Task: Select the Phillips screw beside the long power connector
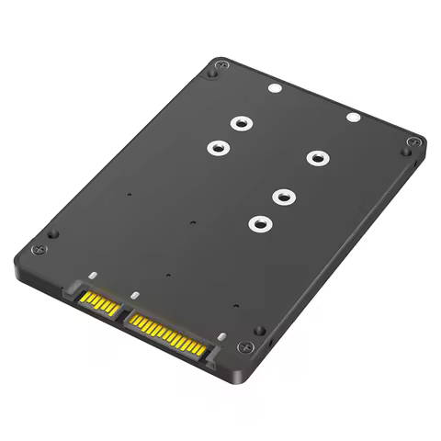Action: point(243,346)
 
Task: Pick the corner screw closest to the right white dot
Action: point(414,142)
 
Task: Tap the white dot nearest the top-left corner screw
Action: point(275,91)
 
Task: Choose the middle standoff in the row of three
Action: point(284,195)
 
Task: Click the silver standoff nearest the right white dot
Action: point(316,157)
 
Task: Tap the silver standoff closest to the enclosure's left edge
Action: point(218,146)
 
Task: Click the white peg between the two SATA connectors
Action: point(134,297)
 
